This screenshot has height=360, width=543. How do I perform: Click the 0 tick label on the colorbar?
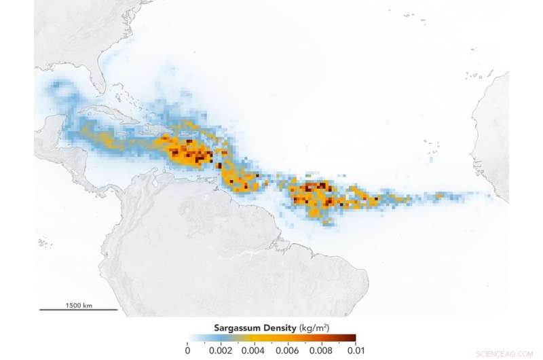tap(187, 350)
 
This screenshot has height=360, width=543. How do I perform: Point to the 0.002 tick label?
tap(221, 350)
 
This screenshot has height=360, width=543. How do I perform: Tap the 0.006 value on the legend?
tap(288, 350)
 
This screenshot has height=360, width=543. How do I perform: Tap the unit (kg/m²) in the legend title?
tap(316, 327)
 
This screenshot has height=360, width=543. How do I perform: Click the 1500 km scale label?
tap(79, 305)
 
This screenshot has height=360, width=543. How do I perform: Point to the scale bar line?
tap(79, 310)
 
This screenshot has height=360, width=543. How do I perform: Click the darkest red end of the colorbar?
tap(352, 338)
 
